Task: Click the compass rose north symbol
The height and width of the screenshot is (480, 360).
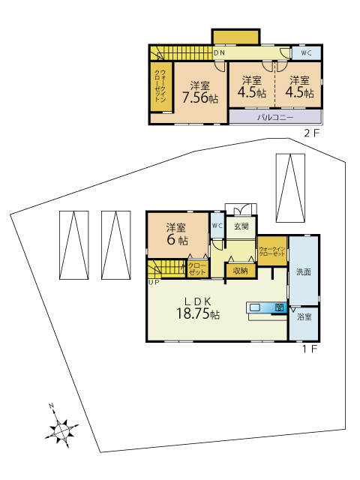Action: [61, 428]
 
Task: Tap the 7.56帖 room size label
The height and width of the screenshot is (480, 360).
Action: [200, 98]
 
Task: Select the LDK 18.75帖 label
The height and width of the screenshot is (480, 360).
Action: [198, 308]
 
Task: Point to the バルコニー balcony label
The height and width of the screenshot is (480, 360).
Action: [275, 118]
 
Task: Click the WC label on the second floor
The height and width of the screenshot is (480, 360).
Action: [306, 53]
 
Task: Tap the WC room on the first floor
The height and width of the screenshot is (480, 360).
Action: [217, 226]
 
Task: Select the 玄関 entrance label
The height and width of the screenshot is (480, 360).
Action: [241, 226]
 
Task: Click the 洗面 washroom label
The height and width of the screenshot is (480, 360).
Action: [304, 271]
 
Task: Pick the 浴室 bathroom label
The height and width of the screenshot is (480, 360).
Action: [304, 317]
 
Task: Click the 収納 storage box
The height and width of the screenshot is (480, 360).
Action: [240, 271]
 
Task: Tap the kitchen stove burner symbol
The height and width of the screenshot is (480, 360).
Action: [279, 307]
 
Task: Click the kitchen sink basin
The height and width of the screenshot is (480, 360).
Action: [255, 307]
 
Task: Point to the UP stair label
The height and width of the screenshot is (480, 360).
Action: [154, 283]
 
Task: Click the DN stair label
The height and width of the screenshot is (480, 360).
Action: [219, 53]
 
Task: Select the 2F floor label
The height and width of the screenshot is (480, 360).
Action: [312, 133]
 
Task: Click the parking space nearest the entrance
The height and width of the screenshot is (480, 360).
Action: [290, 188]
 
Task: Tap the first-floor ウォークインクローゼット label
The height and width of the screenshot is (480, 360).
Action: [272, 252]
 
